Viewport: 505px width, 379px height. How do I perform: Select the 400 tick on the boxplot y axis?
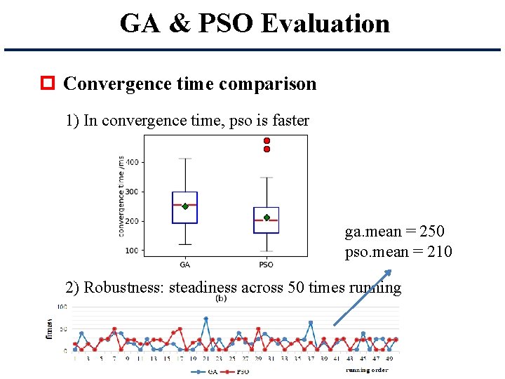[x=133, y=162]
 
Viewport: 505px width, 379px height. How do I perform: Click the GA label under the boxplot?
[x=185, y=265]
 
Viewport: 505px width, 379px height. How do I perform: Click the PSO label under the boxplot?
[x=266, y=265]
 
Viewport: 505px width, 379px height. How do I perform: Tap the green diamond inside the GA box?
[x=185, y=206]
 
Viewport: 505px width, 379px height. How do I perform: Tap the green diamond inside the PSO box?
[x=267, y=218]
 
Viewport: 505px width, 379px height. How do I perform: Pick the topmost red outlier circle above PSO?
[x=267, y=141]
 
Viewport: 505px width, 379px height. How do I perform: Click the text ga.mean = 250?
[x=394, y=232]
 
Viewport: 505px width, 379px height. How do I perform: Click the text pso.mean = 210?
[x=398, y=251]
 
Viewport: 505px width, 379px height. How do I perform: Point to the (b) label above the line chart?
[x=221, y=298]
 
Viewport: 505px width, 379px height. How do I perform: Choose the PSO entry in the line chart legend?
[x=238, y=372]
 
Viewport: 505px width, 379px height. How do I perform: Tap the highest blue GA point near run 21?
[x=206, y=319]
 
